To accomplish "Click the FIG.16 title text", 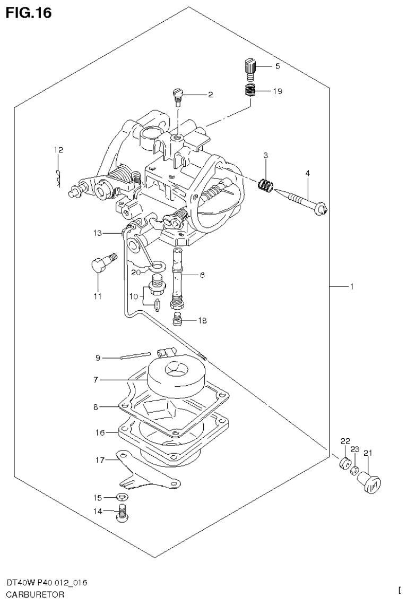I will coord(29,13).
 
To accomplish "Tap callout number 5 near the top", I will coord(276,66).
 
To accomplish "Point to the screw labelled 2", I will coord(178,96).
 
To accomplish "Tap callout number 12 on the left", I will coord(58,150).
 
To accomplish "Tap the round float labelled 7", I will coord(176,375).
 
